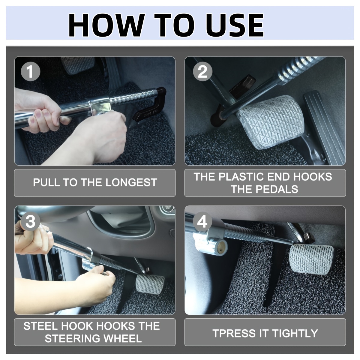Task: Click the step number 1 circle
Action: click(x=31, y=71)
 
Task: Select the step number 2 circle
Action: click(x=202, y=71)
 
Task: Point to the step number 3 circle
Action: click(x=31, y=222)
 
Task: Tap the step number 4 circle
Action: click(x=202, y=222)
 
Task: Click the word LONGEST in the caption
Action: click(x=131, y=182)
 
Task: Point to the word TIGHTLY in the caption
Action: click(x=295, y=333)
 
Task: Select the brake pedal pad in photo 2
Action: click(x=270, y=121)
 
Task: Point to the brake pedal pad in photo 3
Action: click(x=150, y=284)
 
